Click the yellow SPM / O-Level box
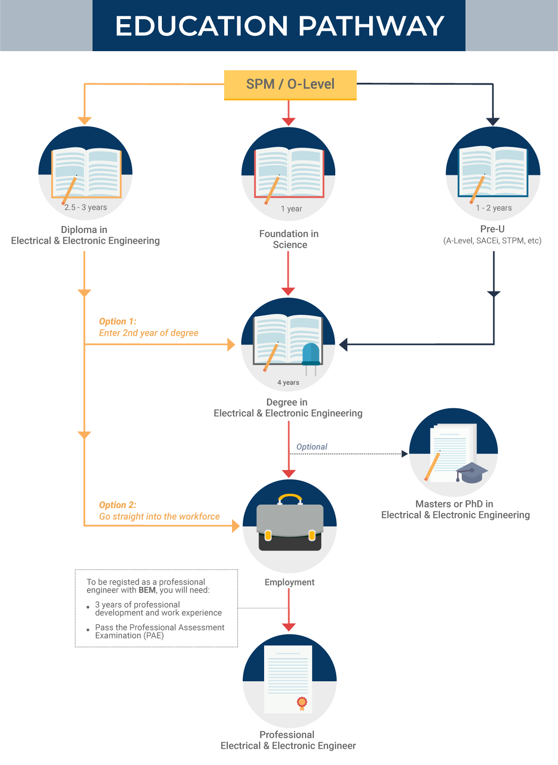tap(290, 85)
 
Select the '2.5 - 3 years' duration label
tap(86, 207)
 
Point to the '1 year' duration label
tap(291, 209)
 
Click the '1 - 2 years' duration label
tap(494, 208)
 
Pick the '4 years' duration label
tap(288, 382)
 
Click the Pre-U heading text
tap(492, 229)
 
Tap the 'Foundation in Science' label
tap(289, 239)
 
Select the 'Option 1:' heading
tap(118, 321)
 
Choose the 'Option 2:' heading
tap(118, 505)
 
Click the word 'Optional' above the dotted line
tap(312, 447)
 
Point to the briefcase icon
tap(290, 522)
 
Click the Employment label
tap(290, 582)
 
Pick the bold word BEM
tap(147, 590)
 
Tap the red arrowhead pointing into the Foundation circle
tap(289, 121)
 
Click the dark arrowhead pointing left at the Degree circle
tap(343, 344)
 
